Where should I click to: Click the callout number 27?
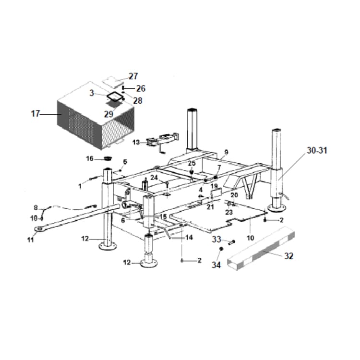(x=133, y=76)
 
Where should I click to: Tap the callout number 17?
(x=35, y=114)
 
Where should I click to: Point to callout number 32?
(x=288, y=256)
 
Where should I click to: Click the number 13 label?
(x=136, y=143)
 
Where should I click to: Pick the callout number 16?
(x=90, y=159)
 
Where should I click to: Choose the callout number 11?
(x=31, y=240)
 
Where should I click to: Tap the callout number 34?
(x=216, y=264)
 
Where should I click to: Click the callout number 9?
(x=226, y=153)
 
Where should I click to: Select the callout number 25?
(x=192, y=164)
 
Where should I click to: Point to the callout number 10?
(x=250, y=238)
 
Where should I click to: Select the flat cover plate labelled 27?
(x=111, y=79)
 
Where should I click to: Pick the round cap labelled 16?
(x=108, y=158)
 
